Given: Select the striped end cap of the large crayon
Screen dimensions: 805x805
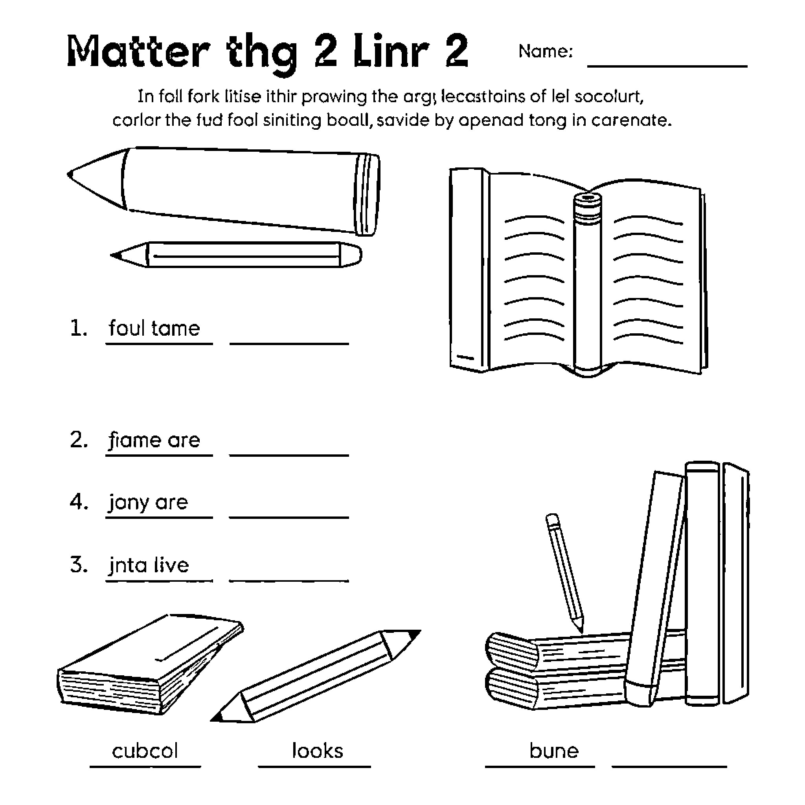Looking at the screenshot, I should click(x=367, y=195).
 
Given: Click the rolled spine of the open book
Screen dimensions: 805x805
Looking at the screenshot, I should click(x=588, y=283).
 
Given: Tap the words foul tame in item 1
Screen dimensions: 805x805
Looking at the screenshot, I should click(x=154, y=328).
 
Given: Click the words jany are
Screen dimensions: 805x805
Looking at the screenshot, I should click(x=148, y=502).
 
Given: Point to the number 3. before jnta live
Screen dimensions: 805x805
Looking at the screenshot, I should click(x=78, y=565).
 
